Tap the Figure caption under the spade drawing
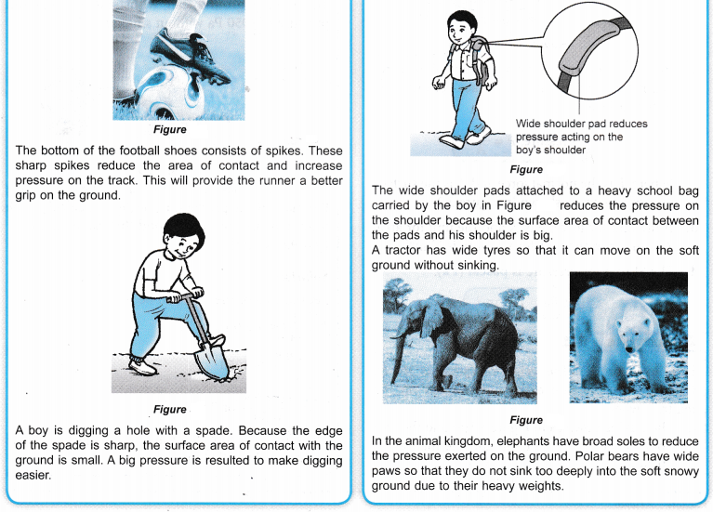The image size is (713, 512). (170, 410)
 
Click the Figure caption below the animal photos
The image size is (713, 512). (526, 421)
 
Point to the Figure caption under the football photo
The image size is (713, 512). (170, 130)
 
